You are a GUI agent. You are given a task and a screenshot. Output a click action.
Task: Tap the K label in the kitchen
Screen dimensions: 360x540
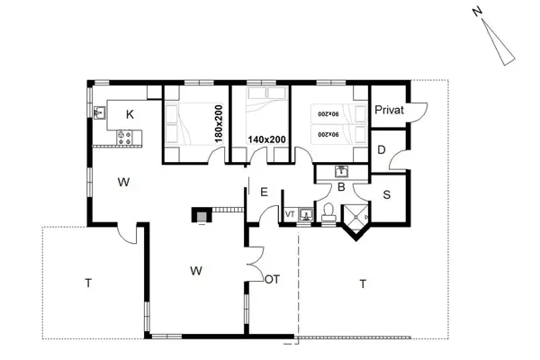pyautogui.click(x=130, y=114)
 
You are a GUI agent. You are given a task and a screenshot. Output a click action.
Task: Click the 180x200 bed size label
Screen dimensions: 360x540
pyautogui.click(x=218, y=121)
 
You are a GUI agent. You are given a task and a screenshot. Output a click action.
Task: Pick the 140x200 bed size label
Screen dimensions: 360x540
pyautogui.click(x=266, y=140)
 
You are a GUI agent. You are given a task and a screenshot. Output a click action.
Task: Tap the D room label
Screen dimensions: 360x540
pyautogui.click(x=382, y=149)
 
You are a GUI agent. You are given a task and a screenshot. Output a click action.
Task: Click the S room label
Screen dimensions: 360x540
pyautogui.click(x=386, y=193)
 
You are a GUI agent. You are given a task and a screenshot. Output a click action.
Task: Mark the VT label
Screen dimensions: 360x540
pyautogui.click(x=290, y=214)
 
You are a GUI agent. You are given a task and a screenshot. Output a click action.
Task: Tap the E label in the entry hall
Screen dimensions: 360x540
pyautogui.click(x=264, y=192)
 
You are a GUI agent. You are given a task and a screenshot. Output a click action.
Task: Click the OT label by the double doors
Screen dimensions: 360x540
pyautogui.click(x=272, y=279)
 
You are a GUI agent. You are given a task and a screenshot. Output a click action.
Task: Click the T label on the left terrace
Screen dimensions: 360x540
pyautogui.click(x=88, y=283)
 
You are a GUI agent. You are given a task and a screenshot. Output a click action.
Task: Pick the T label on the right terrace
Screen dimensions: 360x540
pyautogui.click(x=362, y=283)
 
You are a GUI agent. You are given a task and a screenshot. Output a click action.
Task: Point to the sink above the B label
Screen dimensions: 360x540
pyautogui.click(x=343, y=171)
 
